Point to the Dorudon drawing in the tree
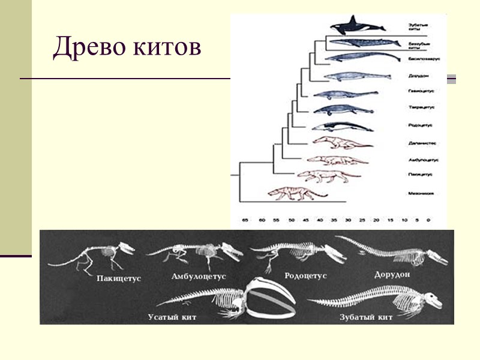[x=350, y=76]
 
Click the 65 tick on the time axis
[x=245, y=221]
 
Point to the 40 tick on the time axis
[x=320, y=221]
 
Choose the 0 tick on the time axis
[x=428, y=221]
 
